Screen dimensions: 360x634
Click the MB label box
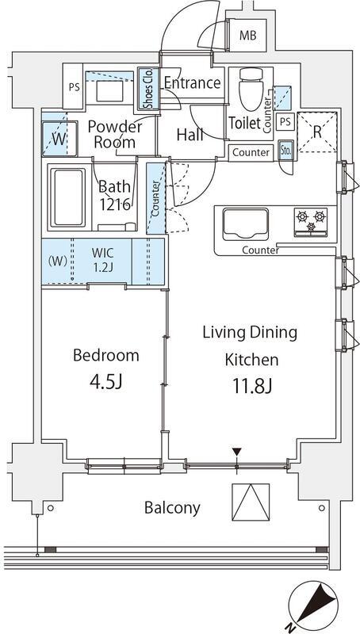pos(248,36)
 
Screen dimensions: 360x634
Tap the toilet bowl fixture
pos(251,89)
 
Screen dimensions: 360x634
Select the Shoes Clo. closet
pos(148,89)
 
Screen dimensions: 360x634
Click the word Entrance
pos(193,83)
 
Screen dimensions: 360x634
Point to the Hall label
pos(190,135)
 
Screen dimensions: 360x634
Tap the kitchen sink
pos(246,224)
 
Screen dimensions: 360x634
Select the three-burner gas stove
pos(311,222)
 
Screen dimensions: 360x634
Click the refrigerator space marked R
pos(317,132)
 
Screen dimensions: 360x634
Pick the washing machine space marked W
pos(59,138)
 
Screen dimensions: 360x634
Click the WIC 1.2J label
pos(102,261)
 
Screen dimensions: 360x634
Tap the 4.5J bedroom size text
pos(106,382)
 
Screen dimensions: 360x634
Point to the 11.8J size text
pos(251,386)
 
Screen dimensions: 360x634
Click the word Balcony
pos(172,507)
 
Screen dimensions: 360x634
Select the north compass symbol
pos(313,605)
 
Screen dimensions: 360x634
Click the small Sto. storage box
pos(286,151)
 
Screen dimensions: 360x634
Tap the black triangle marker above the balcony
pos(236,451)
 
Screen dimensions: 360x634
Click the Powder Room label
pos(115,135)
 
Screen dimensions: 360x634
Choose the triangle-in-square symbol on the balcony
pos(251,502)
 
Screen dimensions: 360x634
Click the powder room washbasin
pos(109,91)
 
